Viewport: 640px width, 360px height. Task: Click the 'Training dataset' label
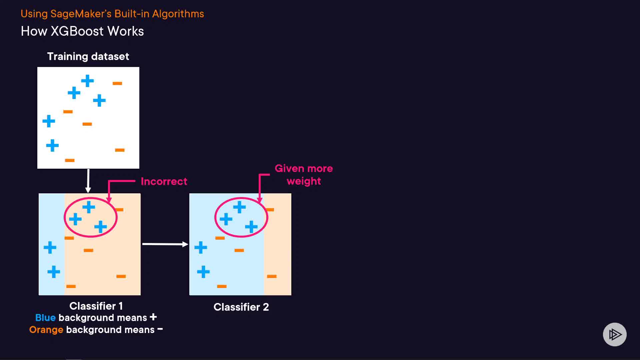(x=88, y=56)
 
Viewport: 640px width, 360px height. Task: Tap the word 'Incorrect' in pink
(x=164, y=181)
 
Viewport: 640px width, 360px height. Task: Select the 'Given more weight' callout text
(x=304, y=175)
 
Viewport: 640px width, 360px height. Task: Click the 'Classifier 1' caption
(x=96, y=306)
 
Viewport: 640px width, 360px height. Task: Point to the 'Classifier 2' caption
(x=241, y=307)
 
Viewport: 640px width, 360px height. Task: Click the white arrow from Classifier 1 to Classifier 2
(x=165, y=244)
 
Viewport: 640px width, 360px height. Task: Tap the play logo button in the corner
(x=615, y=334)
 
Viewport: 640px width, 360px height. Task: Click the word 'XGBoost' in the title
(x=77, y=31)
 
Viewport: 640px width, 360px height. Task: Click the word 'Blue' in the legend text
(x=45, y=318)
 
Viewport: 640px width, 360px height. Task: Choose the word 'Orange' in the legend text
(x=46, y=330)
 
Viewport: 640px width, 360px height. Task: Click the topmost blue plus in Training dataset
(x=87, y=81)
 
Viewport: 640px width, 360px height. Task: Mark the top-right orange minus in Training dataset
(x=117, y=83)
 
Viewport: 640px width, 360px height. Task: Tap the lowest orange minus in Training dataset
(x=70, y=160)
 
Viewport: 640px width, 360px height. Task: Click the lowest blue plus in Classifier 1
(x=54, y=272)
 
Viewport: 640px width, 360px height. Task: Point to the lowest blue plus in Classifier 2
(x=203, y=272)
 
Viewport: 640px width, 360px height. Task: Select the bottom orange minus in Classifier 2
(x=222, y=286)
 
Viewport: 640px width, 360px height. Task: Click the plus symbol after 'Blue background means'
(x=153, y=317)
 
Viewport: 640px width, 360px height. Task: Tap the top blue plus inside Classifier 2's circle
(x=239, y=207)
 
